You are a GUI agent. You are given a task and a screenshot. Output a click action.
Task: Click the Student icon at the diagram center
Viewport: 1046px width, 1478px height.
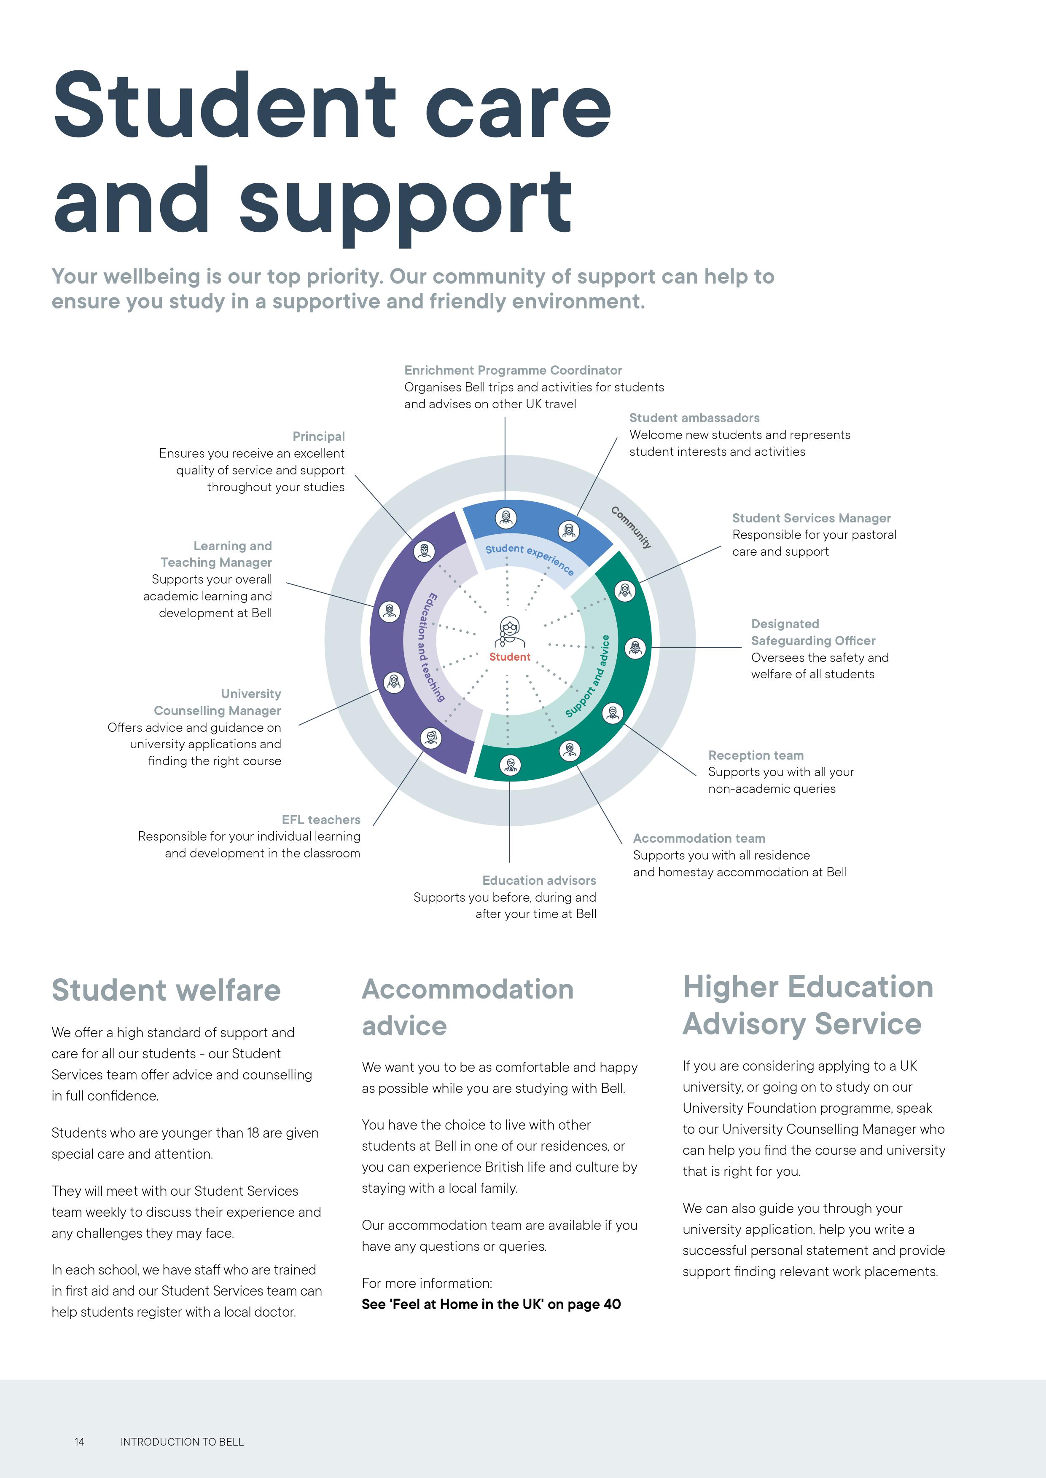pyautogui.click(x=509, y=632)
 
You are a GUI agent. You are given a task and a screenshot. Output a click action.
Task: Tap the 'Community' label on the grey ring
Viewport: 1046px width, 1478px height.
pyautogui.click(x=631, y=527)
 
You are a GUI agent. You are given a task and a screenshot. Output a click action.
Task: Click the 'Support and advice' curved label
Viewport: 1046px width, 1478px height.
pyautogui.click(x=587, y=676)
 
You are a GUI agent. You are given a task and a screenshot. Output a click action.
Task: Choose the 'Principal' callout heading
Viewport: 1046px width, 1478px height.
pyautogui.click(x=319, y=436)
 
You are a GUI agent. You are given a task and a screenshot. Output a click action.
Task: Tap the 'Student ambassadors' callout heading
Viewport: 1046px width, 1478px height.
pyautogui.click(x=694, y=418)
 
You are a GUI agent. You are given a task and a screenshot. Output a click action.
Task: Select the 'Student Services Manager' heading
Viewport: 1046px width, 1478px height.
pyautogui.click(x=812, y=518)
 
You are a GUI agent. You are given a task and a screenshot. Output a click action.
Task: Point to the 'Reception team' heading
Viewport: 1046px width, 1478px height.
pyautogui.click(x=756, y=755)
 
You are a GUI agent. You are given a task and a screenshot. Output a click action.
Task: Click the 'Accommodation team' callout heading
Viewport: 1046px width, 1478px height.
pyautogui.click(x=699, y=838)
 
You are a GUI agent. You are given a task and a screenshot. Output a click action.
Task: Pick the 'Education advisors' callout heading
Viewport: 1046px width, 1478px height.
pyautogui.click(x=539, y=880)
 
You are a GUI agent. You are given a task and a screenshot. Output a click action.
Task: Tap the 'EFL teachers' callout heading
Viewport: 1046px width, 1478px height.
pyautogui.click(x=321, y=819)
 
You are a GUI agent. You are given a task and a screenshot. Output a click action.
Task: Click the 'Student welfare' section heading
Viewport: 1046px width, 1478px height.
pyautogui.click(x=166, y=990)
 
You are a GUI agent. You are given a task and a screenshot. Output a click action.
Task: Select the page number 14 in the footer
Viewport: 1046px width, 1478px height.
pyautogui.click(x=79, y=1442)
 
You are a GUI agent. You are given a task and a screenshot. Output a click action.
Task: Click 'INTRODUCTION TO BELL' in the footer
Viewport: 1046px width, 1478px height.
pyautogui.click(x=182, y=1442)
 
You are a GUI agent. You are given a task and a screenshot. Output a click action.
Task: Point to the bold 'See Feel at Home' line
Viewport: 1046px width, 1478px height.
pyautogui.click(x=492, y=1304)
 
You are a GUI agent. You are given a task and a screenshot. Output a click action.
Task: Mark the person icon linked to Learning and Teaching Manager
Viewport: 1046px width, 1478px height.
pyautogui.click(x=389, y=611)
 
